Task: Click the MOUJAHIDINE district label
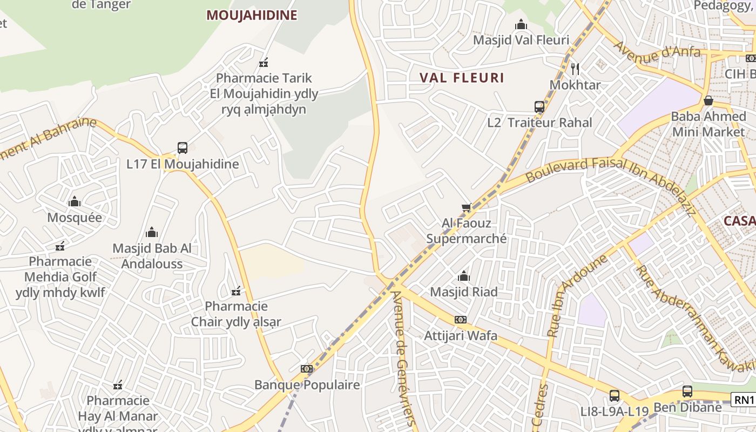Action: [x=252, y=15]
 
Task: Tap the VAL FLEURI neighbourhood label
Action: [x=462, y=78]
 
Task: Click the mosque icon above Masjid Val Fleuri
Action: [x=521, y=24]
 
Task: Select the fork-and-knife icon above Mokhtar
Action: [x=575, y=69]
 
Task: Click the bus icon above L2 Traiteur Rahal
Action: [x=539, y=106]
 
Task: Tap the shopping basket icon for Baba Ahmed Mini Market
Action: [x=708, y=100]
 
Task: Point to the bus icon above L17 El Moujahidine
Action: [x=183, y=147]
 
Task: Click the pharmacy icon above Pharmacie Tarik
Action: [x=264, y=63]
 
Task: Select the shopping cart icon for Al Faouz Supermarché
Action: [x=467, y=207]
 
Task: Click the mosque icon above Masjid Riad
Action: [x=463, y=276]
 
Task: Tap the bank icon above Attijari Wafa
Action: [x=460, y=320]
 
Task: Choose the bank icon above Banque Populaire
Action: [x=307, y=369]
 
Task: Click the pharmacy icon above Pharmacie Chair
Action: [x=236, y=292]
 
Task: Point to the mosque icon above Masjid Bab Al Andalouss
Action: [x=152, y=233]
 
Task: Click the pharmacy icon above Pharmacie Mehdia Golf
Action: [x=60, y=246]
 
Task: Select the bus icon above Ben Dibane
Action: [x=687, y=391]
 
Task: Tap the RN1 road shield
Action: [x=744, y=400]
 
